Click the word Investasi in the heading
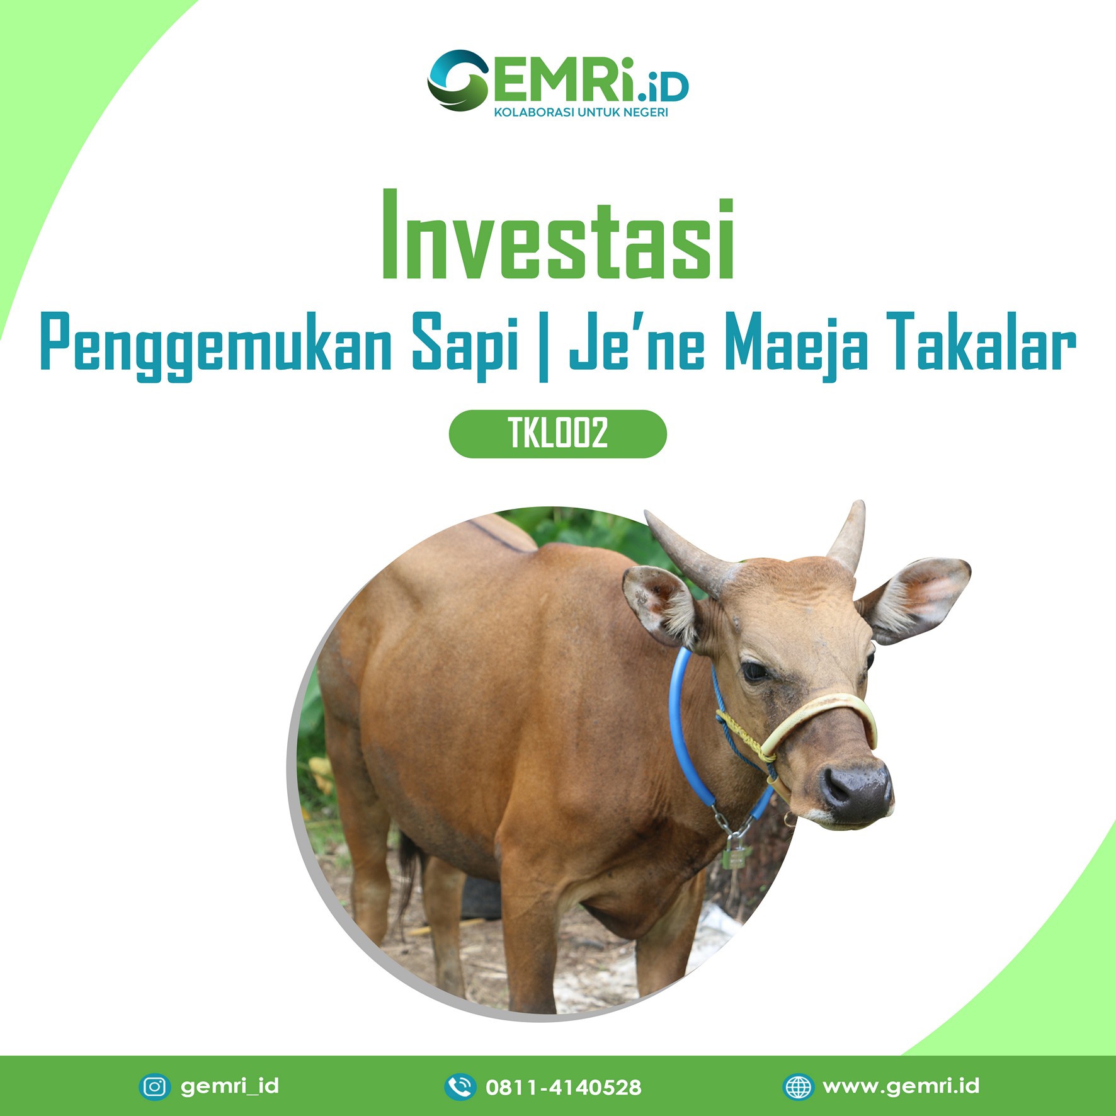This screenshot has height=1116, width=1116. coord(558,234)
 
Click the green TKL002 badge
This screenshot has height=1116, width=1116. coord(557,433)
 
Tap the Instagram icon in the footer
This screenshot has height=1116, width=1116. coord(155,1086)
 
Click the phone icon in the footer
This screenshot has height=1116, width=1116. coord(460,1086)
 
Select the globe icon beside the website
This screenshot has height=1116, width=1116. coord(799,1086)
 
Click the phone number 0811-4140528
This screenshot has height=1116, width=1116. coord(564,1087)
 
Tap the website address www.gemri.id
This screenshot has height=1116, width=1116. coord(901,1086)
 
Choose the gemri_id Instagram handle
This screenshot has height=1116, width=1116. coord(230,1086)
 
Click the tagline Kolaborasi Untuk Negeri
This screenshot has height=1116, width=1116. coord(581,113)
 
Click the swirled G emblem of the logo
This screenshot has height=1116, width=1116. coord(458,80)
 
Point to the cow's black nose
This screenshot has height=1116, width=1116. coord(856,791)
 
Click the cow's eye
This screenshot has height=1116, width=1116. coord(754,671)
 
